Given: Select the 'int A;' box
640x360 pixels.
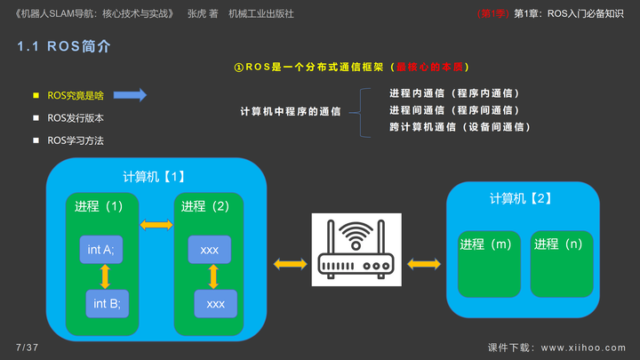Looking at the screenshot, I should coord(100,250).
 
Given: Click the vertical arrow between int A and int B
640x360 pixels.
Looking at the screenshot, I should coord(105,277).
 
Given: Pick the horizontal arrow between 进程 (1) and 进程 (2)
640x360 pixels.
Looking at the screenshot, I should coord(156,226).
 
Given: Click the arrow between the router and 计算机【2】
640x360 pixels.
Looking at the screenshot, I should coord(424,263).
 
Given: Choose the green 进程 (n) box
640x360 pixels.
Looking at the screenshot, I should coord(563,264).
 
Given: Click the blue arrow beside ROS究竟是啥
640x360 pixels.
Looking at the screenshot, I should coord(130,95).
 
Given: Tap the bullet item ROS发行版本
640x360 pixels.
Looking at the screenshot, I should coord(77,117).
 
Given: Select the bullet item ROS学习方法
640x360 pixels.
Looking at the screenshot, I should coord(77,140).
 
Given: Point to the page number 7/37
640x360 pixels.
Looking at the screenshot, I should coord(28,346).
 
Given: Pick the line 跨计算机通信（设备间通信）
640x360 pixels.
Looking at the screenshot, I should coord(460,127).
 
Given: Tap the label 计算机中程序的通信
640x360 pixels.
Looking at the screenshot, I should coord(291,111).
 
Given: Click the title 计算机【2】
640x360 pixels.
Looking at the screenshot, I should coord(520,196).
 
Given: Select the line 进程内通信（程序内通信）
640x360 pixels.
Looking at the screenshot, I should coord(453,93).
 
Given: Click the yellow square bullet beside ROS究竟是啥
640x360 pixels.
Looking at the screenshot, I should coord(36,95).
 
